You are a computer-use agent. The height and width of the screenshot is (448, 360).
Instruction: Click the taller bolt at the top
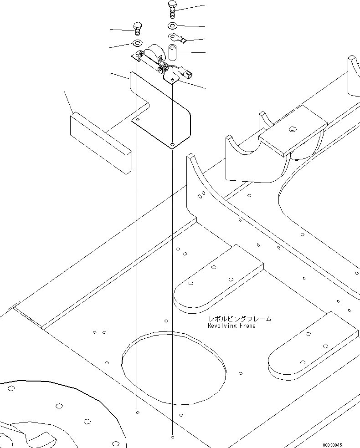coord(172,10)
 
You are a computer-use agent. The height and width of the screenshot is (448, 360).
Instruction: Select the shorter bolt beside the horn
coord(137,28)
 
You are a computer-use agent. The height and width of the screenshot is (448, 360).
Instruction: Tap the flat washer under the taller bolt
coord(173,25)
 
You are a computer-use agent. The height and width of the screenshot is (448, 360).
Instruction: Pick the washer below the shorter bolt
coord(137,43)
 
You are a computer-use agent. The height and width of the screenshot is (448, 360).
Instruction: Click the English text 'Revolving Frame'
coord(231,326)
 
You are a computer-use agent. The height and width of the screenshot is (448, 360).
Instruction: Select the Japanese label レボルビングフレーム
coord(240,319)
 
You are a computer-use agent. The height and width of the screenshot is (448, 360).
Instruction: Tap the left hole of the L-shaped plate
coord(137,119)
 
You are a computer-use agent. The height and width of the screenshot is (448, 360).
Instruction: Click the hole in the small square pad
coord(291,129)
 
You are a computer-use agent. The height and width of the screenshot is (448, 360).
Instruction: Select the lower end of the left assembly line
coord(137,412)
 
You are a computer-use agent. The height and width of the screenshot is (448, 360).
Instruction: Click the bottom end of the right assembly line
coord(172,437)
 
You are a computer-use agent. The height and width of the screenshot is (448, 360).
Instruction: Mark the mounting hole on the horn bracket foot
coord(172,80)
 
